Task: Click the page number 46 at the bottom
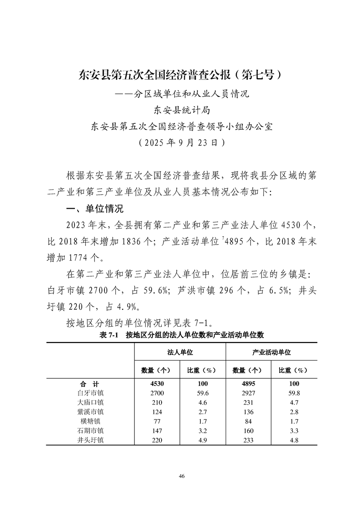(182, 476)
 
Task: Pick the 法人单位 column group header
(180, 352)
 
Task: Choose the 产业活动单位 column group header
(271, 352)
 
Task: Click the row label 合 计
(90, 384)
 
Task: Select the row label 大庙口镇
(90, 402)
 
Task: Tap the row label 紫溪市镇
(90, 412)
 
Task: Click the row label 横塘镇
(90, 421)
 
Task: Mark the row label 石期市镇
(90, 431)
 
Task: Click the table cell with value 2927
(248, 393)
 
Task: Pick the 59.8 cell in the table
(294, 393)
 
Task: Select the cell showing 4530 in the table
(157, 384)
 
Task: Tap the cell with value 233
(248, 440)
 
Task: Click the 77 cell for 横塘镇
(157, 421)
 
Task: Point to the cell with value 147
(157, 431)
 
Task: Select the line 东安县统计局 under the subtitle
(181, 110)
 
